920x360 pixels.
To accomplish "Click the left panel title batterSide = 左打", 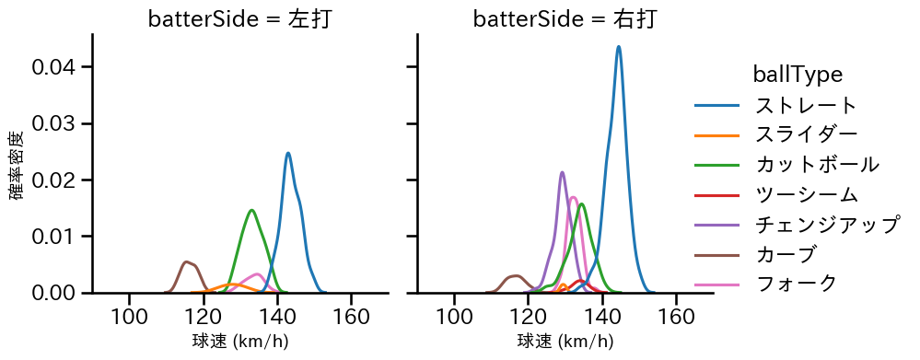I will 239,19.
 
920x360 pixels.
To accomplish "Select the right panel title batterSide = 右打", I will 565,19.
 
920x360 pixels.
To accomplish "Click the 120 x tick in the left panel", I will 204,318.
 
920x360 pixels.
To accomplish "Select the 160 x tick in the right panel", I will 676,318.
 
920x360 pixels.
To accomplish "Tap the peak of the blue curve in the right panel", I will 619,46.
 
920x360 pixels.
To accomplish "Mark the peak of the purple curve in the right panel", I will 562,172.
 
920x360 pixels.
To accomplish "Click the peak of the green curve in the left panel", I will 251,210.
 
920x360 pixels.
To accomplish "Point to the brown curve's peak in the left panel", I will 187,261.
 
